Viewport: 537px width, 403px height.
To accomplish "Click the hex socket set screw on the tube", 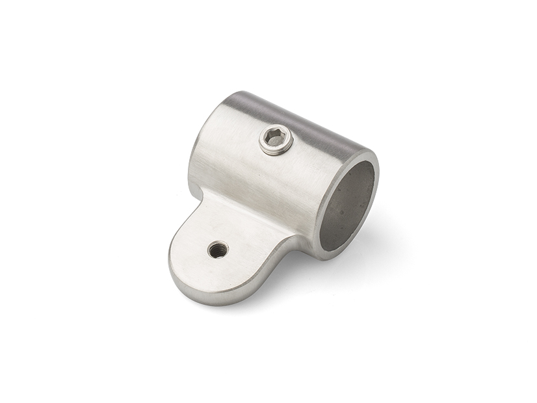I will (276, 140).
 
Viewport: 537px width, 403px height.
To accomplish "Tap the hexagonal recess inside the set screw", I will (276, 139).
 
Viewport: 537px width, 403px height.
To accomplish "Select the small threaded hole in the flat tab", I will (217, 249).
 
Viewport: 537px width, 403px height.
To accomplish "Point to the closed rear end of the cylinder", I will (202, 143).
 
